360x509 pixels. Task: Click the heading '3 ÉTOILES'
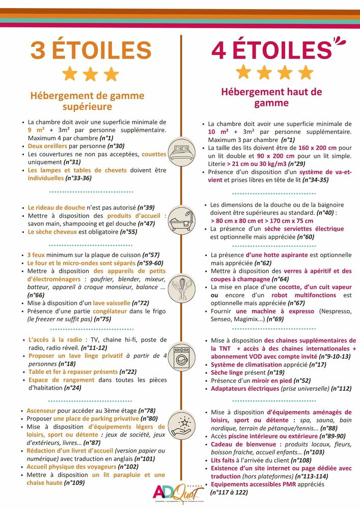(x=91, y=50)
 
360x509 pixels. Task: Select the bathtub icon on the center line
(x=181, y=218)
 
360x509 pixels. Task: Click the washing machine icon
(x=181, y=358)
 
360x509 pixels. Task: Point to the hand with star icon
(x=181, y=426)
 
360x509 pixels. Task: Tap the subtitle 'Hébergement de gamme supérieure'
(x=87, y=101)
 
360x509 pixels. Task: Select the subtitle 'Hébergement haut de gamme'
(x=271, y=97)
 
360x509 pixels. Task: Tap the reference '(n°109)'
(x=74, y=483)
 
